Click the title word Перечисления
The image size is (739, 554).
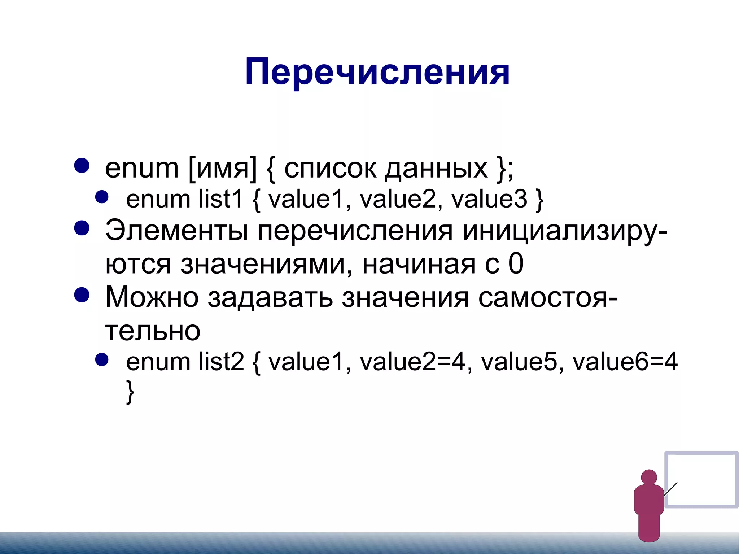377,72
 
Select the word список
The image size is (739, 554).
330,168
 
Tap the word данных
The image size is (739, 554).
436,168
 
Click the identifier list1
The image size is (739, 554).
221,199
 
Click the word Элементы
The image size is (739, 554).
176,231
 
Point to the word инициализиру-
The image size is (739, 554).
565,231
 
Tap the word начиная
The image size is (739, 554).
419,264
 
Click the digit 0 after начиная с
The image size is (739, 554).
516,264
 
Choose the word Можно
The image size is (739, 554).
152,297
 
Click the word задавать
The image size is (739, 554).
270,297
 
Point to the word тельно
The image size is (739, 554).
153,331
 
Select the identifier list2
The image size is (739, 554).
221,362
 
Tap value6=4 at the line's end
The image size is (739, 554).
625,362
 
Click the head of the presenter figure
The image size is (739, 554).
649,477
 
